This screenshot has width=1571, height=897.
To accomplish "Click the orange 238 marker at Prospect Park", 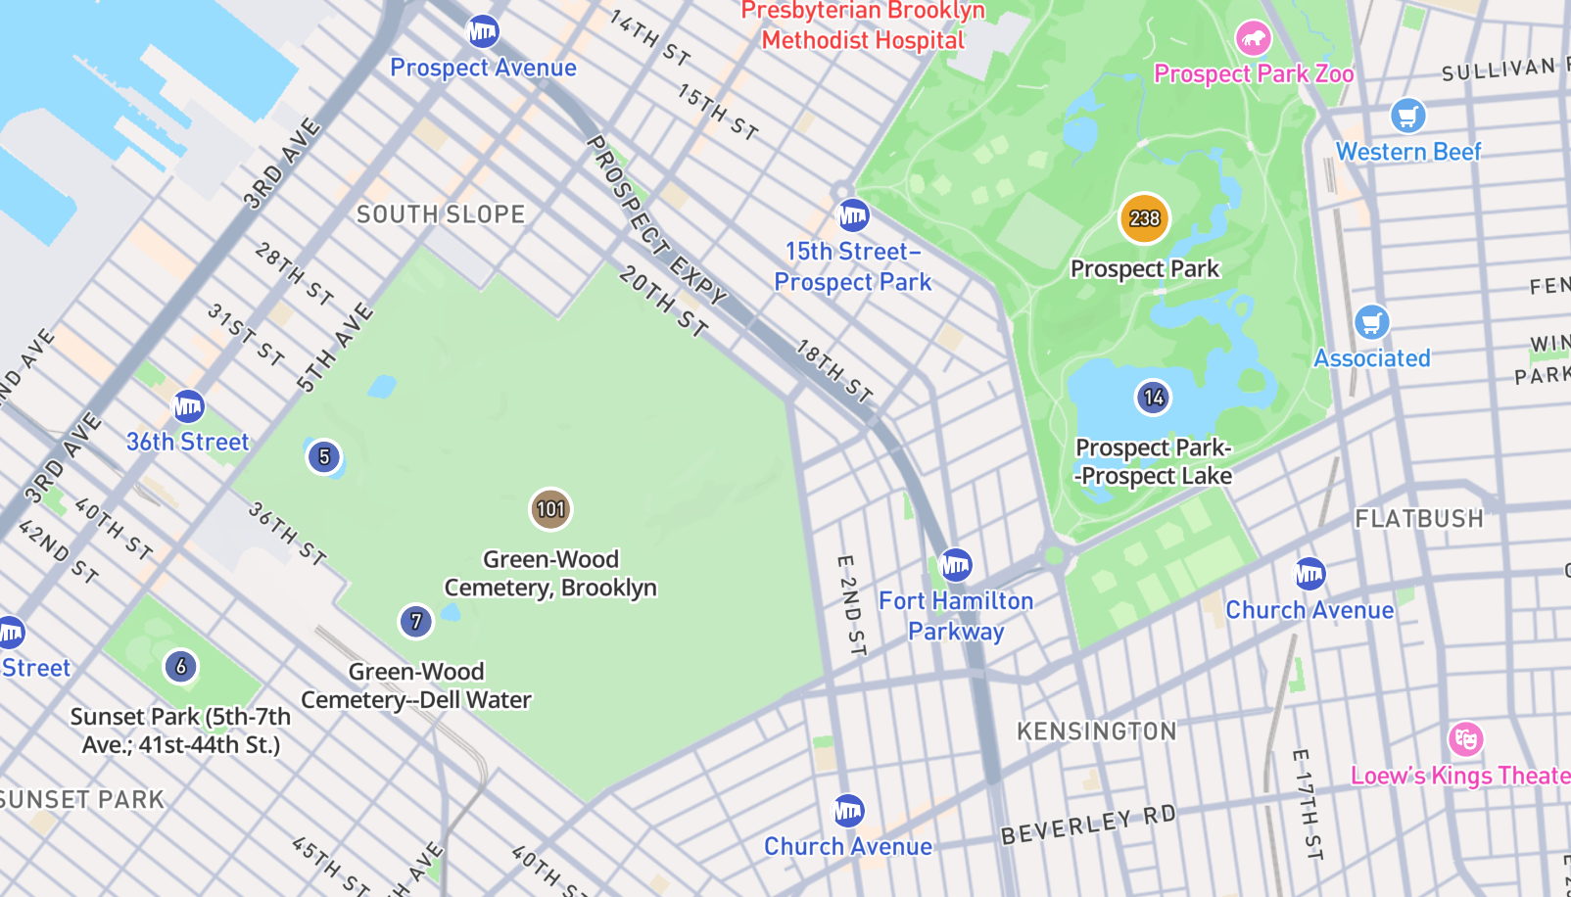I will (1144, 218).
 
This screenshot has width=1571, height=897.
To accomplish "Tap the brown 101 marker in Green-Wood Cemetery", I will (550, 509).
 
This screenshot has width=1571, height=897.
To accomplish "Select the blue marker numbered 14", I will (1154, 398).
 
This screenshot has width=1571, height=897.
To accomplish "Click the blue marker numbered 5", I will (324, 456).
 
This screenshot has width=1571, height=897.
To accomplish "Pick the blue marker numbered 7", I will (416, 621).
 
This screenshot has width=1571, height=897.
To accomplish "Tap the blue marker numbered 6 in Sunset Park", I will (180, 667).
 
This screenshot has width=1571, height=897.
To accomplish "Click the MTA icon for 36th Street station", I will (188, 406).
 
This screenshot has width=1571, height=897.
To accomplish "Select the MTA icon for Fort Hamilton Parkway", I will (956, 565).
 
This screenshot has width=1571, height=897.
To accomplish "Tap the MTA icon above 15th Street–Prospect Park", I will (853, 215).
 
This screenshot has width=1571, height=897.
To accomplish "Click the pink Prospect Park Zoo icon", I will (1253, 39).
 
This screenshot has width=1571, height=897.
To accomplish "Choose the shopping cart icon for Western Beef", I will (1407, 117).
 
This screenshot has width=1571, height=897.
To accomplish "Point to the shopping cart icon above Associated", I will (1371, 322).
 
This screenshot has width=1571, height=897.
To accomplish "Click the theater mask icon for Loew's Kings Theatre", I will (1465, 739).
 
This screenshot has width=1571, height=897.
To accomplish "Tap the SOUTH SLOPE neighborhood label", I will (441, 214).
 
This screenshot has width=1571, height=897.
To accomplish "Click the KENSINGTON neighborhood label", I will (1097, 732).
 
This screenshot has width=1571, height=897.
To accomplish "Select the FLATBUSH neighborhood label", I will (1419, 519).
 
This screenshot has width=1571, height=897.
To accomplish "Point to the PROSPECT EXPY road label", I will (656, 220).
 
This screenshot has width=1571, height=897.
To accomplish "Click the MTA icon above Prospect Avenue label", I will (483, 32).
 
